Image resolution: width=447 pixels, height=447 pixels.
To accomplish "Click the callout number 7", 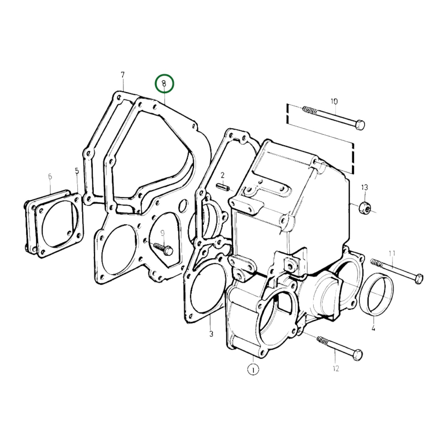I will point(122,75).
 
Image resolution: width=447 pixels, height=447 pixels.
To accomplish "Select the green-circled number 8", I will point(164,84).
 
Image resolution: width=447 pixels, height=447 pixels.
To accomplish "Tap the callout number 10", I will point(334,101).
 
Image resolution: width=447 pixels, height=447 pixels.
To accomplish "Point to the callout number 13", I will point(364,187).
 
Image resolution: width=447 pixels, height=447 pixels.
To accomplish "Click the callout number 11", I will point(392,254).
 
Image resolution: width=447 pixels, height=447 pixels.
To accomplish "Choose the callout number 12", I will point(336,368).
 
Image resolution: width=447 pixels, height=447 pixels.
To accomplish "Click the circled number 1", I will point(253,369).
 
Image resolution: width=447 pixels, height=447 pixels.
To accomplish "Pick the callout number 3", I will point(211,334).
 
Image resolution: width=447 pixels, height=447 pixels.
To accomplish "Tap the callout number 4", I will point(373,328).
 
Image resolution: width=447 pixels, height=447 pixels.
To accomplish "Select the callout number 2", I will point(222,176).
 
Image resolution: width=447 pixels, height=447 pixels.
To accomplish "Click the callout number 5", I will point(77,171).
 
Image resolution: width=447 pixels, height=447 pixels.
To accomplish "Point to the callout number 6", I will point(50,177).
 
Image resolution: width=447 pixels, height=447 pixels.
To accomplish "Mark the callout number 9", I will point(162,233).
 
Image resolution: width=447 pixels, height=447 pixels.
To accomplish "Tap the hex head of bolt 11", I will point(419,278).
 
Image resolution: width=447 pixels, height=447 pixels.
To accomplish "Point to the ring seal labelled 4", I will point(376,294).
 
